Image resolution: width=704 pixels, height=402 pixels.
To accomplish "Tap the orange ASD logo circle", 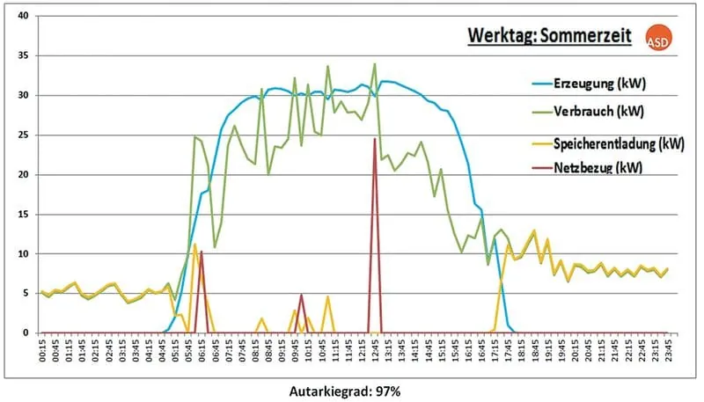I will [x=657, y=41].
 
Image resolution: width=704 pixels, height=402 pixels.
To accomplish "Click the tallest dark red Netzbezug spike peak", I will [x=375, y=139].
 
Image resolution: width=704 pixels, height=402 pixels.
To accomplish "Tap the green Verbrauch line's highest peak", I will [x=375, y=64].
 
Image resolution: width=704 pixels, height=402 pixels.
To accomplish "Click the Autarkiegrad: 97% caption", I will [x=352, y=388].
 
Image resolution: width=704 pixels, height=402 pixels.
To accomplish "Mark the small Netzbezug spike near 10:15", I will [x=302, y=296].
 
